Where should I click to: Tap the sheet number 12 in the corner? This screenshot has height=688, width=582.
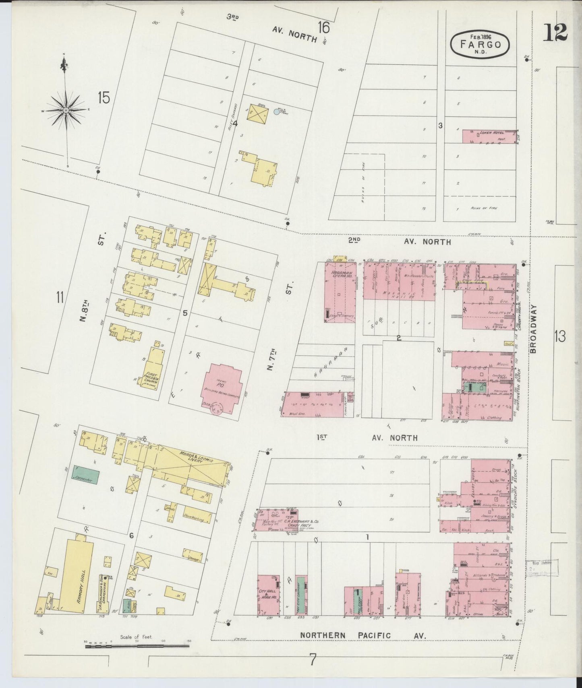(x=555, y=32)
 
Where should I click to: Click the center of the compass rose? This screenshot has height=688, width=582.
(x=66, y=110)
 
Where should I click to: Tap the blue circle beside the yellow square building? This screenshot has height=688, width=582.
(x=277, y=111)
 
